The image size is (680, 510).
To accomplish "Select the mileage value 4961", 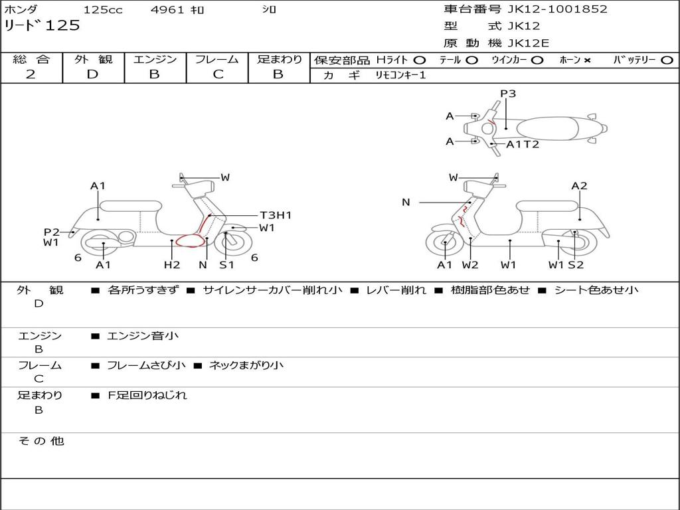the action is click(168, 10).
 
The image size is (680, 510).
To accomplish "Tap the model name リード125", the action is click(42, 26).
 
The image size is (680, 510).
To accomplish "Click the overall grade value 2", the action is click(31, 74).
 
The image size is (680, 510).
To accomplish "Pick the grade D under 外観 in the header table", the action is click(92, 74).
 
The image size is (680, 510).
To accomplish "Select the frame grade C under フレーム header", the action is click(218, 74).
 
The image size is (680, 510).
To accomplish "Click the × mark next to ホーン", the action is click(587, 60).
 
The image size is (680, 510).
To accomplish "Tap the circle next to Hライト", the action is click(420, 60).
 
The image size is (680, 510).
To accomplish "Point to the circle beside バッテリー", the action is click(667, 60).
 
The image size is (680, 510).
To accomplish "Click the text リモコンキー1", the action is click(400, 76).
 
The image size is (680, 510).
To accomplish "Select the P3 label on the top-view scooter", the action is click(508, 94).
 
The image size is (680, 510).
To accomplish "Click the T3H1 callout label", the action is click(275, 215).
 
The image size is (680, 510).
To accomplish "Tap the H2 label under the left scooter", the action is click(171, 265).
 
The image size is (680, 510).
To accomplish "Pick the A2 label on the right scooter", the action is click(579, 186).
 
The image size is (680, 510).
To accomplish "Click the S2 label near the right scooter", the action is click(576, 265).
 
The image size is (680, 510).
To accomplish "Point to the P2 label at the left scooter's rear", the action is click(52, 232).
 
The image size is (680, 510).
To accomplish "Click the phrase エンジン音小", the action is click(143, 336).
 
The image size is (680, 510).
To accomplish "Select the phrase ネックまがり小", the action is click(246, 365).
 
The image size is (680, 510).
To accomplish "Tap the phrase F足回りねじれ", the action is click(147, 395).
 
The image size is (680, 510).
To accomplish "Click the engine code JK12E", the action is click(529, 43).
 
